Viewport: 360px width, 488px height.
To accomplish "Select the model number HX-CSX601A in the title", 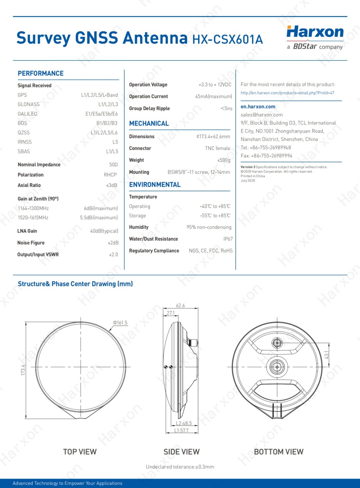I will (228, 39).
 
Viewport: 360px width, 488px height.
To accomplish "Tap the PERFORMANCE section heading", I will (41, 73).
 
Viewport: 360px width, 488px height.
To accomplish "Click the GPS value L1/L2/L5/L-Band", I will (99, 95).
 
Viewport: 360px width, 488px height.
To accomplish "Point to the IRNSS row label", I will (25, 142).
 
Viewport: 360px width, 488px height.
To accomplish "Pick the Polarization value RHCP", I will (110, 175).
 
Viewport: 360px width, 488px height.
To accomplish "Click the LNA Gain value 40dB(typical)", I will (104, 231).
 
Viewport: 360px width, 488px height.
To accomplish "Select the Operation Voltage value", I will (215, 85).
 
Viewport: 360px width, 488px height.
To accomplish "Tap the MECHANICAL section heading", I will (149, 124).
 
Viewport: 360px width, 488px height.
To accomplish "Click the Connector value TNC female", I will (217, 148).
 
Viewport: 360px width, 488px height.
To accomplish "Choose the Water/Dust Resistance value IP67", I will (228, 239).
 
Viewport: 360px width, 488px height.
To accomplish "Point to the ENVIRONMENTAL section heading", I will (155, 185).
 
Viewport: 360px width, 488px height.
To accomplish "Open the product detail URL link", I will (287, 93).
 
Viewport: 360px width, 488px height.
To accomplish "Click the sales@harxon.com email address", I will (262, 115).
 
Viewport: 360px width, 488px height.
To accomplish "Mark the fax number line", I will (266, 156).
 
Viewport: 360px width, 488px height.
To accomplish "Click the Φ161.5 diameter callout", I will (120, 323).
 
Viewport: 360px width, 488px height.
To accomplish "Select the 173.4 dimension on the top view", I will (23, 370).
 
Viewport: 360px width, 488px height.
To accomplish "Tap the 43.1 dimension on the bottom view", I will (327, 355).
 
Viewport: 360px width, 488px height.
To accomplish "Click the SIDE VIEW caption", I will (181, 452).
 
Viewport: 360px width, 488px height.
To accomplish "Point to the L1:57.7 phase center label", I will (181, 430).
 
